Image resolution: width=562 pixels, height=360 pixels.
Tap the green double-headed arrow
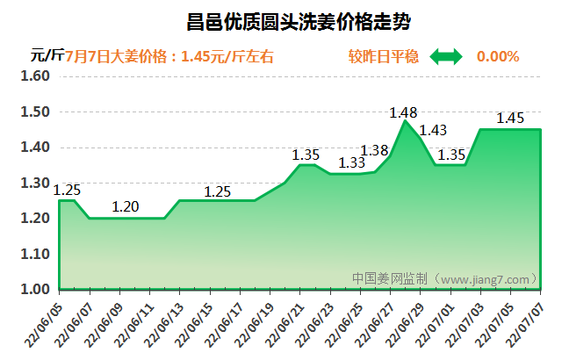click(445, 56)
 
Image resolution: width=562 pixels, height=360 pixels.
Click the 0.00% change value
click(498, 56)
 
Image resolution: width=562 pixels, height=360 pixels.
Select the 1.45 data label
click(510, 118)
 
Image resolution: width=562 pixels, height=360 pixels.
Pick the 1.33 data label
click(351, 162)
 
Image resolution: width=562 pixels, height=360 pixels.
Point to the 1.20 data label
click(126, 207)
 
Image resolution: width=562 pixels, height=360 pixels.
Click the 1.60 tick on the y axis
click(36, 76)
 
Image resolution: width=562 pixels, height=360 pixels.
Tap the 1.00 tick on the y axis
click(36, 289)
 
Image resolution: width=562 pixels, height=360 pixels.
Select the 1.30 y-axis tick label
click(36, 183)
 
